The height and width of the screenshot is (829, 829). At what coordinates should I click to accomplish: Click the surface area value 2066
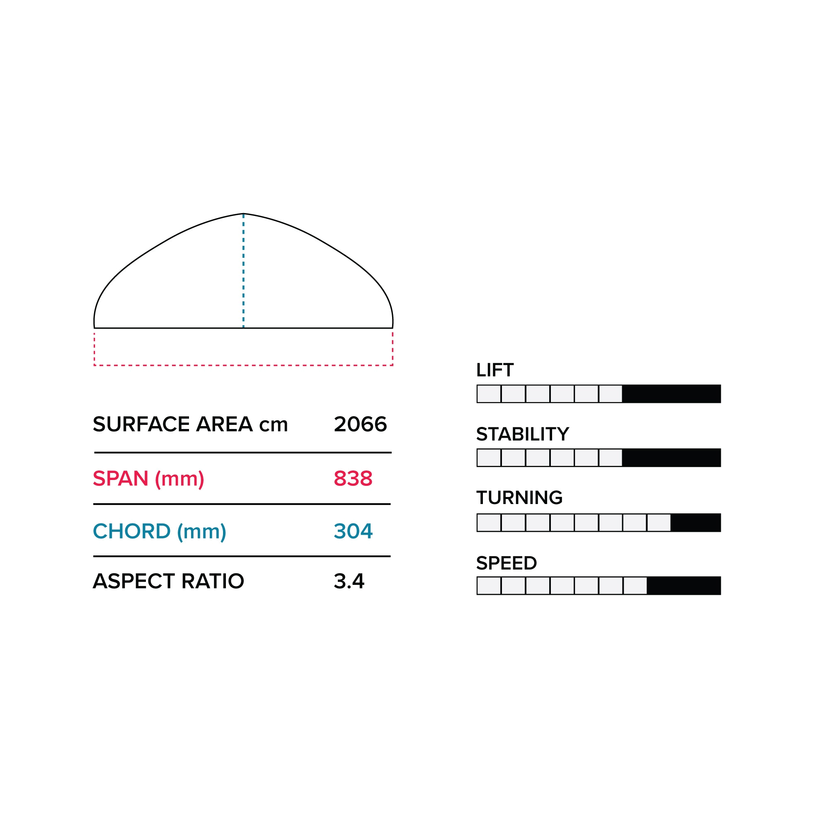360,424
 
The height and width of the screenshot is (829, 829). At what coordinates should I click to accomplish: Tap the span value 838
353,478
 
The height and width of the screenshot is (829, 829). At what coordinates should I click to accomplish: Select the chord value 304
353,531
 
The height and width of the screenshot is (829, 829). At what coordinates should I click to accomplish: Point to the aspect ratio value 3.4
349,582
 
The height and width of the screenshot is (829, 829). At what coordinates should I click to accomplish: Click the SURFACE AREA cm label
190,424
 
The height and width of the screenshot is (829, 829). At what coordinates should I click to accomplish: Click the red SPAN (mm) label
148,479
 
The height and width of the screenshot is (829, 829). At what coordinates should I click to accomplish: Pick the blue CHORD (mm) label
160,532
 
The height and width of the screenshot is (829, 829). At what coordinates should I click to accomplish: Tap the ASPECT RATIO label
168,582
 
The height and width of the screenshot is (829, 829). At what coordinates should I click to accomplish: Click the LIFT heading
495,370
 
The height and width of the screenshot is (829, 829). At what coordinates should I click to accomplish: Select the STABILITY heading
523,434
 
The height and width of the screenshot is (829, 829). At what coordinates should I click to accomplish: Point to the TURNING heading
519,498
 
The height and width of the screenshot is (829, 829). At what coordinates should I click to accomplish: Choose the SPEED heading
507,563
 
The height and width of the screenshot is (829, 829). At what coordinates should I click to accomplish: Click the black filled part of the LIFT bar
671,394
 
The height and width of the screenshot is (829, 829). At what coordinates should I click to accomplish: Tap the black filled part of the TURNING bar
696,523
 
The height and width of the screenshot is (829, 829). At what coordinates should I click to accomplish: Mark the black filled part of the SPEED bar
684,586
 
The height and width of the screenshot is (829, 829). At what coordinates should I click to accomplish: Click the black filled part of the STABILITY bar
671,458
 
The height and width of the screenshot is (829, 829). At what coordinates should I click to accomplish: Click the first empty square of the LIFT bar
489,394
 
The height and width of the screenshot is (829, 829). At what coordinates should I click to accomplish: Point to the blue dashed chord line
243,271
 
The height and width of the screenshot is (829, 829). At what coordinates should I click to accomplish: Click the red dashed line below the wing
243,365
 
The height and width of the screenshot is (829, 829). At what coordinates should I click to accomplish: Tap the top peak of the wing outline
243,214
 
